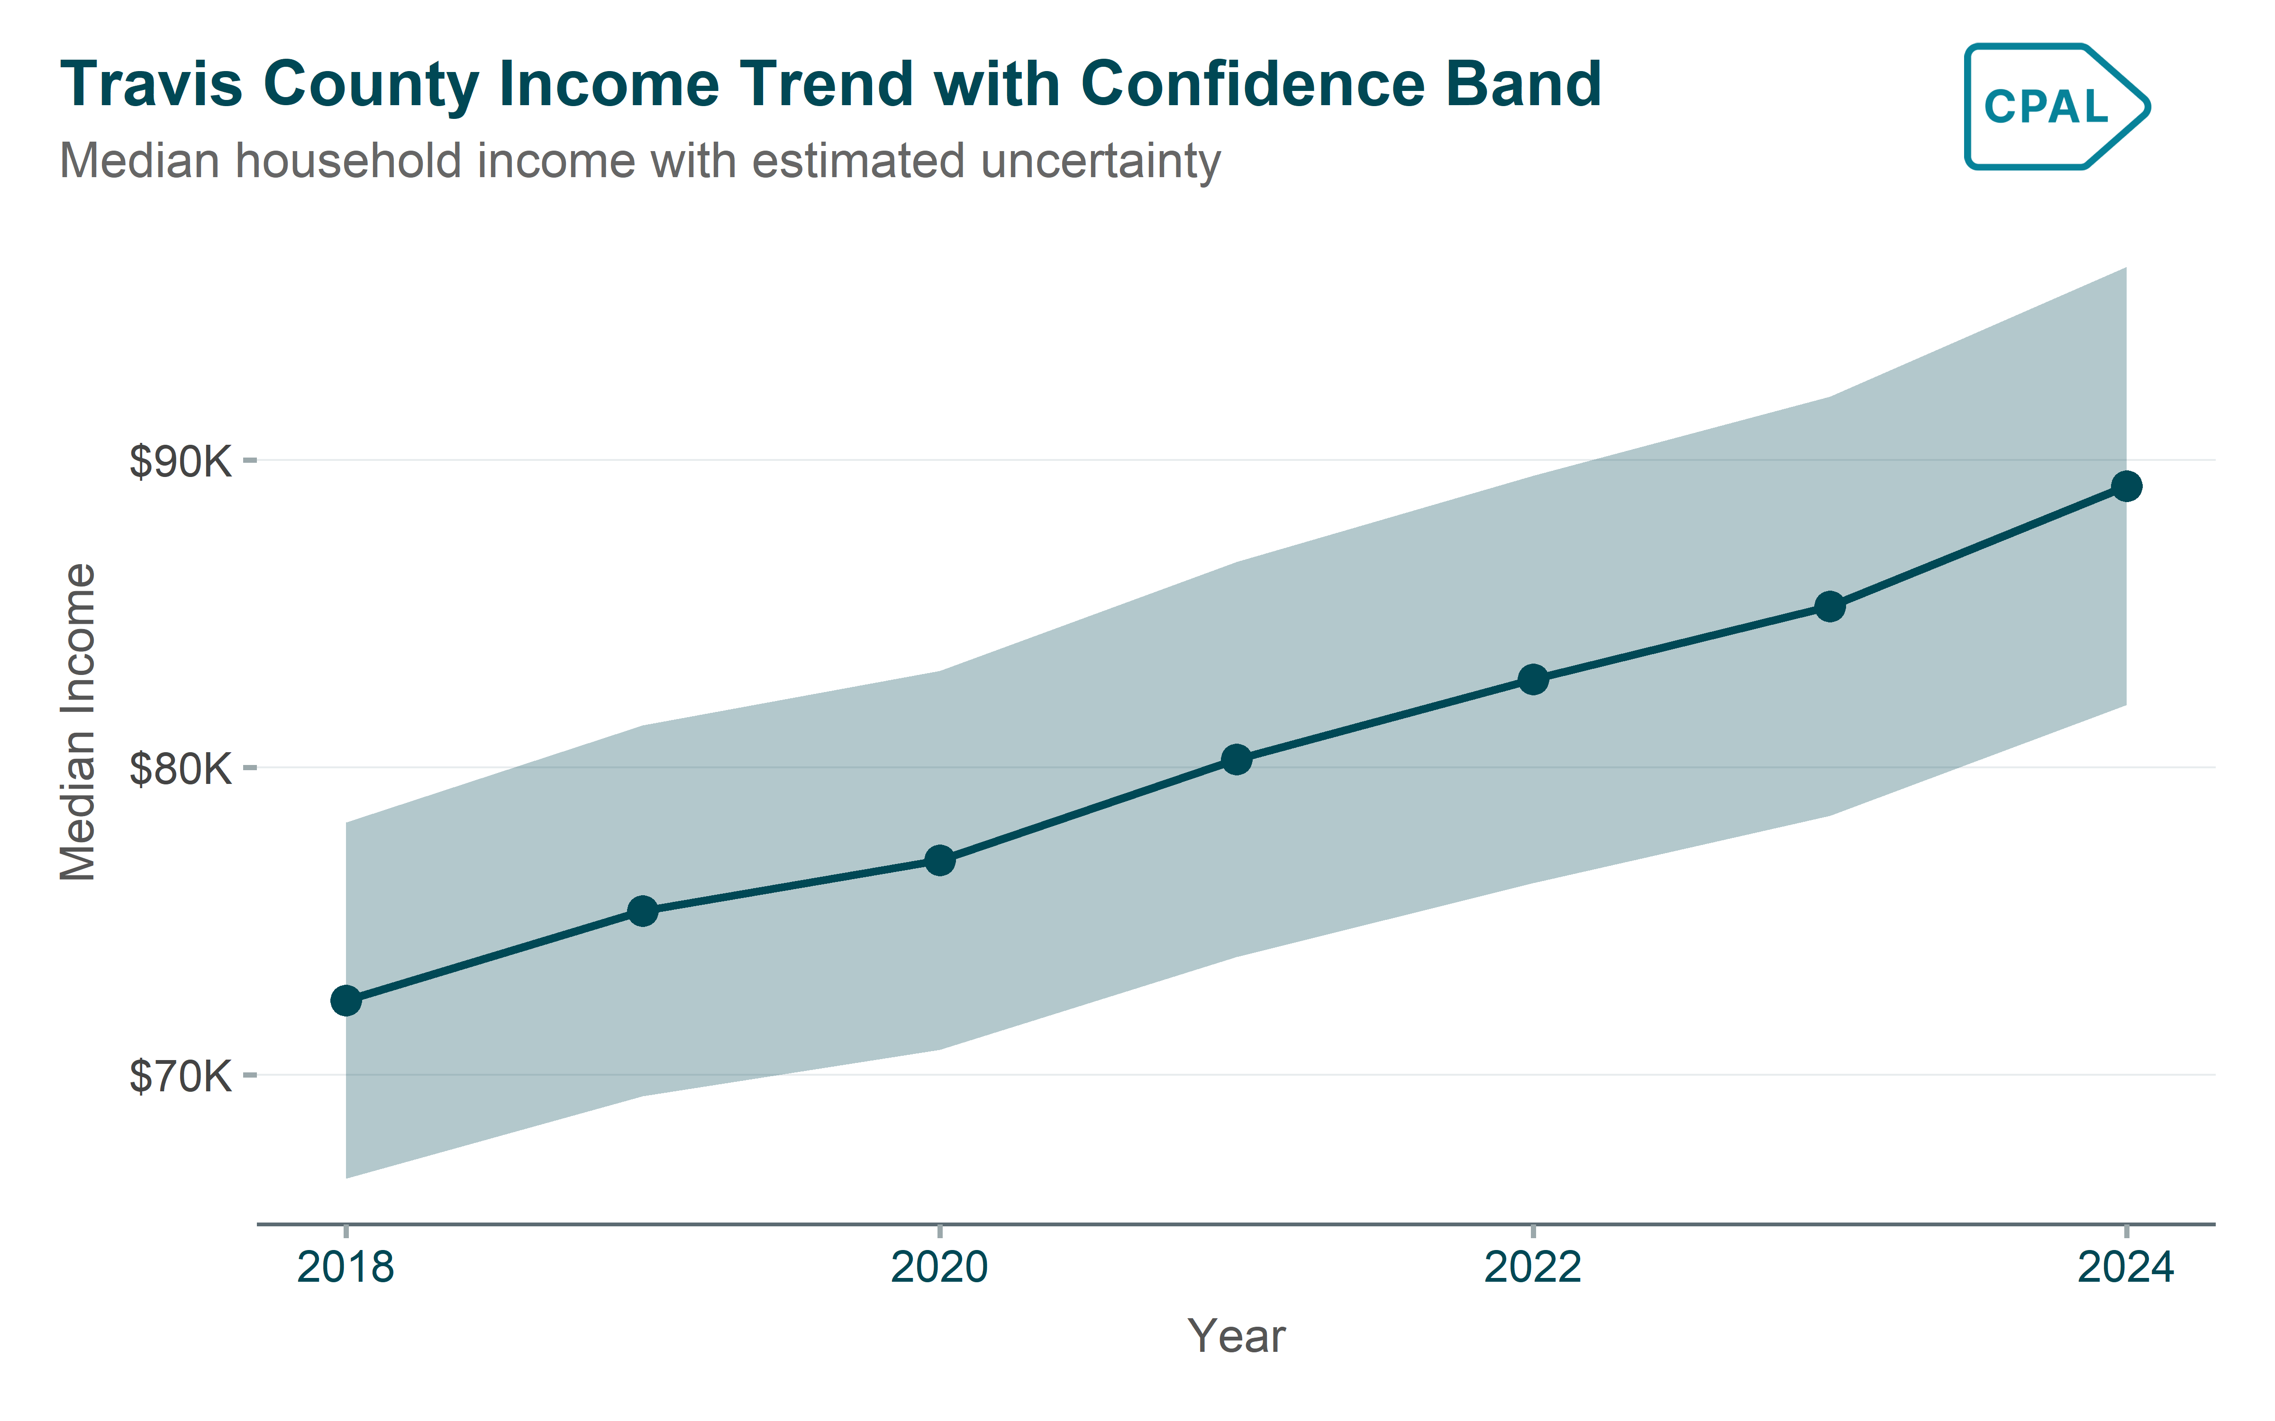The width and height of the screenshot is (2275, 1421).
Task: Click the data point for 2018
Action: [x=346, y=1001]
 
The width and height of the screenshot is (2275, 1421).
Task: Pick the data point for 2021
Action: [x=1236, y=759]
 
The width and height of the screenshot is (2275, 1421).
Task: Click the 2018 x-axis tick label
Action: [x=346, y=1268]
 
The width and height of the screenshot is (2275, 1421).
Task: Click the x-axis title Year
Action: [x=1236, y=1335]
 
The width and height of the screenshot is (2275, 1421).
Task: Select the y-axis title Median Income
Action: [x=78, y=722]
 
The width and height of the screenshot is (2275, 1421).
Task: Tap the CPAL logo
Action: [x=2056, y=106]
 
